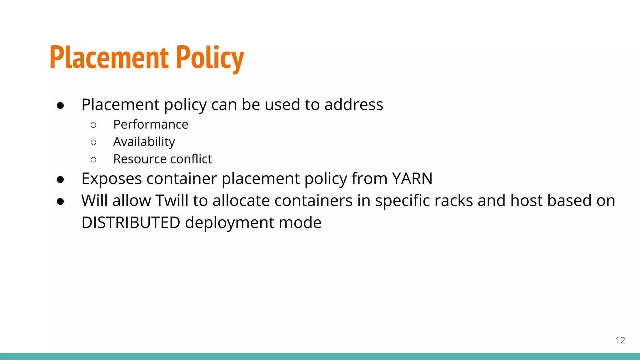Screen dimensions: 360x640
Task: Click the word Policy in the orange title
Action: pyautogui.click(x=210, y=58)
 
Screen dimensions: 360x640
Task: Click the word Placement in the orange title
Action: pyautogui.click(x=109, y=58)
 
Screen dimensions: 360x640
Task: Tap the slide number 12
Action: pyautogui.click(x=620, y=340)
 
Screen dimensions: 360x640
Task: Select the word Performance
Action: pyautogui.click(x=151, y=124)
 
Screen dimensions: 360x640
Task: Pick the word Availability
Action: pyautogui.click(x=144, y=142)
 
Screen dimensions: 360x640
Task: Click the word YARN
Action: pyautogui.click(x=412, y=179)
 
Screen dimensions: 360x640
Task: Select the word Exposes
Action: pyautogui.click(x=112, y=179)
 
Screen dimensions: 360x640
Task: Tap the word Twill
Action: pyautogui.click(x=172, y=201)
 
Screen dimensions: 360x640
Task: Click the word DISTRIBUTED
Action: pyautogui.click(x=131, y=222)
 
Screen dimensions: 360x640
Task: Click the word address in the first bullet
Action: pyautogui.click(x=353, y=104)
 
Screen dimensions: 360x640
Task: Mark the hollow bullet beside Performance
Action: pyautogui.click(x=93, y=125)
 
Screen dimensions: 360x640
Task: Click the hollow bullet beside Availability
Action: pyautogui.click(x=93, y=142)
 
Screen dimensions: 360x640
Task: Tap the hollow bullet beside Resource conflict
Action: pyautogui.click(x=93, y=160)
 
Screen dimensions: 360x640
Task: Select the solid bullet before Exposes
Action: pyautogui.click(x=60, y=179)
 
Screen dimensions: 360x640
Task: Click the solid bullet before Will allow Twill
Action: pyautogui.click(x=60, y=202)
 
